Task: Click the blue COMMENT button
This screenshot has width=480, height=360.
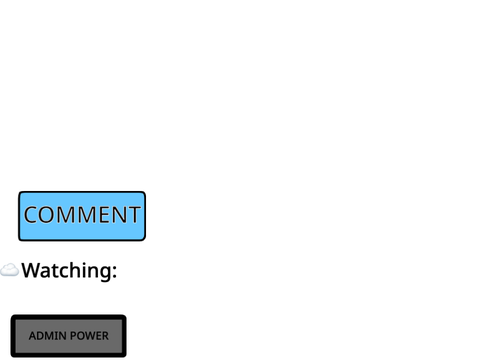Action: pyautogui.click(x=82, y=216)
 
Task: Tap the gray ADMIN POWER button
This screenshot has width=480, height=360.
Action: pyautogui.click(x=69, y=336)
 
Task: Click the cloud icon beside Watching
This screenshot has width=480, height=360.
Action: pyautogui.click(x=9, y=270)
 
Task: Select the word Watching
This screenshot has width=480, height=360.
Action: pyautogui.click(x=67, y=271)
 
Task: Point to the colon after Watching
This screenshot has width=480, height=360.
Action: pyautogui.click(x=115, y=272)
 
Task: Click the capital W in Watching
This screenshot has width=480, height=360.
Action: pyautogui.click(x=30, y=270)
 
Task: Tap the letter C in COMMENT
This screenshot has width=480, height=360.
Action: pyautogui.click(x=31, y=215)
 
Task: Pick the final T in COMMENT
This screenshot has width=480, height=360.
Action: pyautogui.click(x=134, y=215)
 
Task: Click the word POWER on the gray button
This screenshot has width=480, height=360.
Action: pyautogui.click(x=90, y=336)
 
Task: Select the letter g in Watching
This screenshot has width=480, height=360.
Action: pyautogui.click(x=106, y=274)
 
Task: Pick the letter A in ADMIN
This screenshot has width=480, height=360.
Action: pyautogui.click(x=33, y=336)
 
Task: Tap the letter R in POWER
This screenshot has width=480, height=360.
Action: pyautogui.click(x=105, y=336)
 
